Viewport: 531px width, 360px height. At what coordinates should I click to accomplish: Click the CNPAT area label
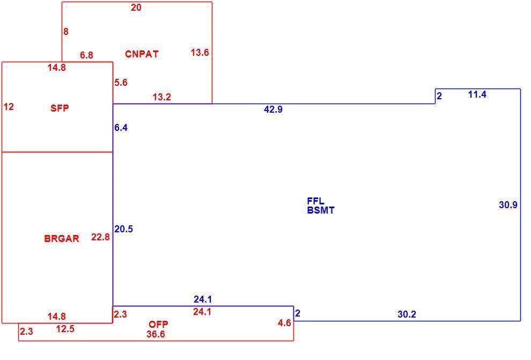tap(142, 54)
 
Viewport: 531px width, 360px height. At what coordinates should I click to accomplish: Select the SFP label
tap(60, 108)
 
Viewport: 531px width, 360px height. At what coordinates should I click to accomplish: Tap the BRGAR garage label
tap(62, 238)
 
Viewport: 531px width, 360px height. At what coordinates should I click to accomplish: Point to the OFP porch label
tap(158, 324)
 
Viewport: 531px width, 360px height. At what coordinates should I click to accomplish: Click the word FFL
tap(315, 201)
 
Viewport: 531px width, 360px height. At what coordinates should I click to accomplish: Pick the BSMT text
tap(321, 210)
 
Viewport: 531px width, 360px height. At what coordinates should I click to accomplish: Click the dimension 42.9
tap(274, 109)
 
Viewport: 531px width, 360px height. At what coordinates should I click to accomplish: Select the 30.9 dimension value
tap(508, 204)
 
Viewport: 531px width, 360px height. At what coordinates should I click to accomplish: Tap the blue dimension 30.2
tap(407, 314)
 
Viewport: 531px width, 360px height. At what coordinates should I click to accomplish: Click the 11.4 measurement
tap(477, 94)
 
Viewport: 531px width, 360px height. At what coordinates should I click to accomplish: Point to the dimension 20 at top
tap(136, 8)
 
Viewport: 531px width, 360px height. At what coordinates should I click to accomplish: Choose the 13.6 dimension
tap(200, 53)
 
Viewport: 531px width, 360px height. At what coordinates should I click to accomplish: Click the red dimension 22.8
tap(100, 237)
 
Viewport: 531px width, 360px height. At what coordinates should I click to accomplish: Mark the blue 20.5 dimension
tap(123, 229)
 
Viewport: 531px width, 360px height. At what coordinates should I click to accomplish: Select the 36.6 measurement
tap(156, 334)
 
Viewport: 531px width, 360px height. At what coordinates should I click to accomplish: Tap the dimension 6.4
tap(121, 127)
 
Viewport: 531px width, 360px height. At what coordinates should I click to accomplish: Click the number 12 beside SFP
tap(9, 107)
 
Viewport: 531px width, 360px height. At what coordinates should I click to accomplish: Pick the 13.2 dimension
tap(161, 97)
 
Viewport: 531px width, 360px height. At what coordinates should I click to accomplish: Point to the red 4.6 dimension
tap(284, 323)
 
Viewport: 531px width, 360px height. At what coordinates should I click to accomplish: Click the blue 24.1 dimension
tap(203, 299)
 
